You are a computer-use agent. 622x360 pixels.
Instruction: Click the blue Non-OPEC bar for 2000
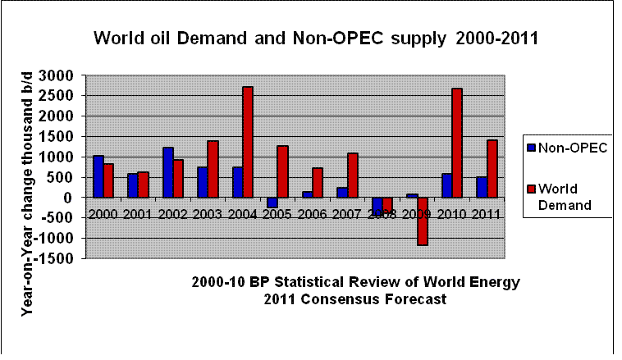tap(98, 175)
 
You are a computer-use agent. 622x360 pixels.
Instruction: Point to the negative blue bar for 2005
tap(272, 203)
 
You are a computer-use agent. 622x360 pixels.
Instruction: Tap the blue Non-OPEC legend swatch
tap(532, 148)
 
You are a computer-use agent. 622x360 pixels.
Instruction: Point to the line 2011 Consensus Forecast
tap(355, 299)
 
